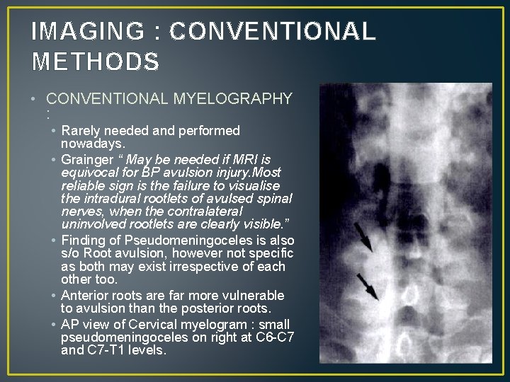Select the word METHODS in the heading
click(96, 62)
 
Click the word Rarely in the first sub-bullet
click(81, 131)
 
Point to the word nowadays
click(93, 144)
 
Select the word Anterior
click(88, 295)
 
